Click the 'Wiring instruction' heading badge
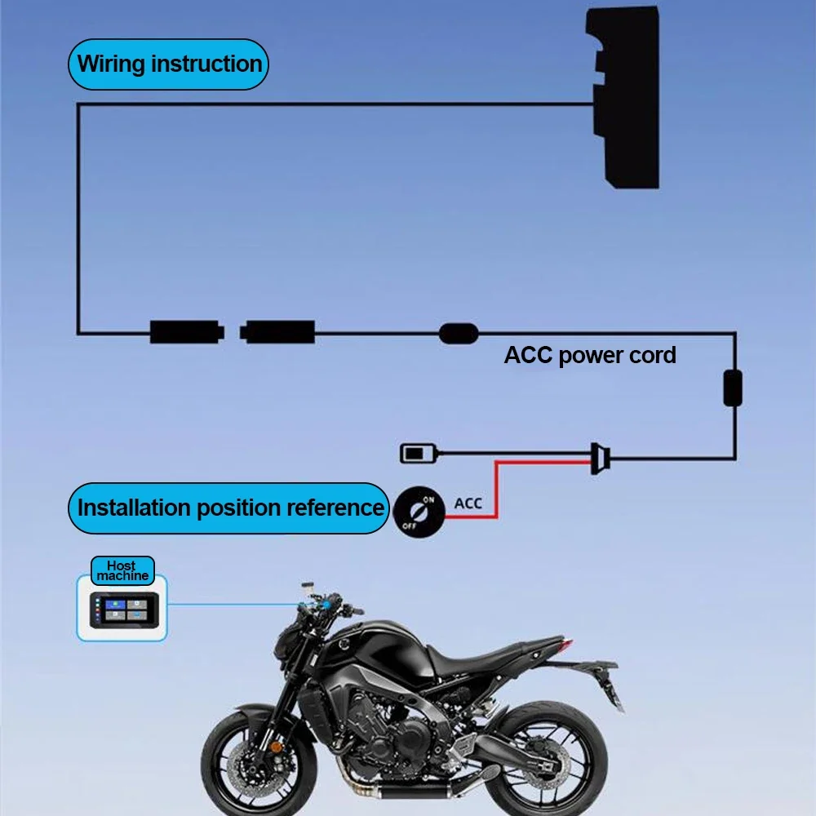(x=169, y=64)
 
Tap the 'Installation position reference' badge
(x=229, y=508)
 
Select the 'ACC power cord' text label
(x=589, y=356)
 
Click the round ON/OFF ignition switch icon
(x=419, y=512)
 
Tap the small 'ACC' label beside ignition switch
(x=468, y=503)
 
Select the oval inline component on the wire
(x=459, y=333)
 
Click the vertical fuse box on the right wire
(x=733, y=388)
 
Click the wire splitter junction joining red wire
(x=599, y=459)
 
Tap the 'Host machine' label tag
(x=122, y=570)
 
